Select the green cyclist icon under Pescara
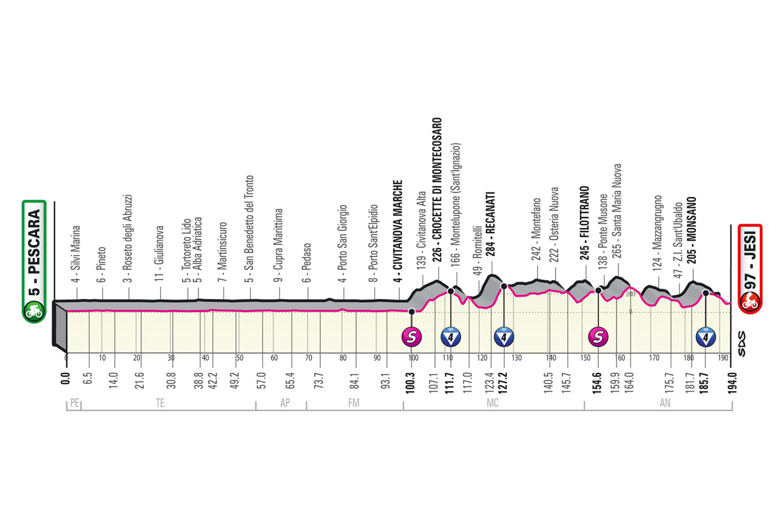(33, 311)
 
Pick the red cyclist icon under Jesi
(749, 303)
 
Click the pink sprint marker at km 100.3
(412, 337)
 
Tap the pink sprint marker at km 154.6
(598, 337)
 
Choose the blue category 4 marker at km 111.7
(451, 337)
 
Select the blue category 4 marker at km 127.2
(504, 337)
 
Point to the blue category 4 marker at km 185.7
(705, 337)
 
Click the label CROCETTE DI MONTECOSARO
(437, 178)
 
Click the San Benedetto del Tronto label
(249, 223)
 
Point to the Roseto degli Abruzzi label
(128, 233)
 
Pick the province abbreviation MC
(492, 403)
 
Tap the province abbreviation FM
(354, 403)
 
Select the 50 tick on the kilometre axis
(240, 358)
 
